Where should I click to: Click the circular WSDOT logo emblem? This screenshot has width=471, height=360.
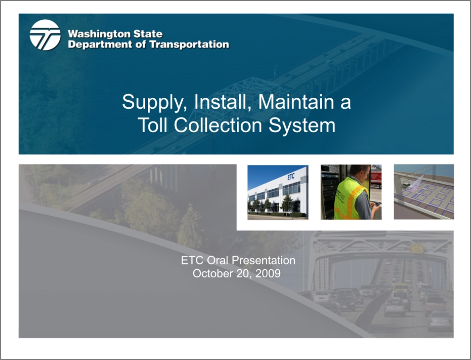pos(45,35)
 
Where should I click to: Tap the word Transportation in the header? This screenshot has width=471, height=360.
pos(189,44)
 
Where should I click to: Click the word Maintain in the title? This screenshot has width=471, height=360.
pos(296,102)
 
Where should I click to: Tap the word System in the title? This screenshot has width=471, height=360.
pos(302,125)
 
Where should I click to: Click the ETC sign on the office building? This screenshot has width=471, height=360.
pos(291,177)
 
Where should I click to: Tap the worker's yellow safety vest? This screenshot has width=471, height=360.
pos(348,198)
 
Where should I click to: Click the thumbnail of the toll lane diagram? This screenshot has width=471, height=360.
pos(424,192)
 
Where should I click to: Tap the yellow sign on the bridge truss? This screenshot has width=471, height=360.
pos(417,248)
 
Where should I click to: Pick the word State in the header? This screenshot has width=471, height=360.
pos(148,34)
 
